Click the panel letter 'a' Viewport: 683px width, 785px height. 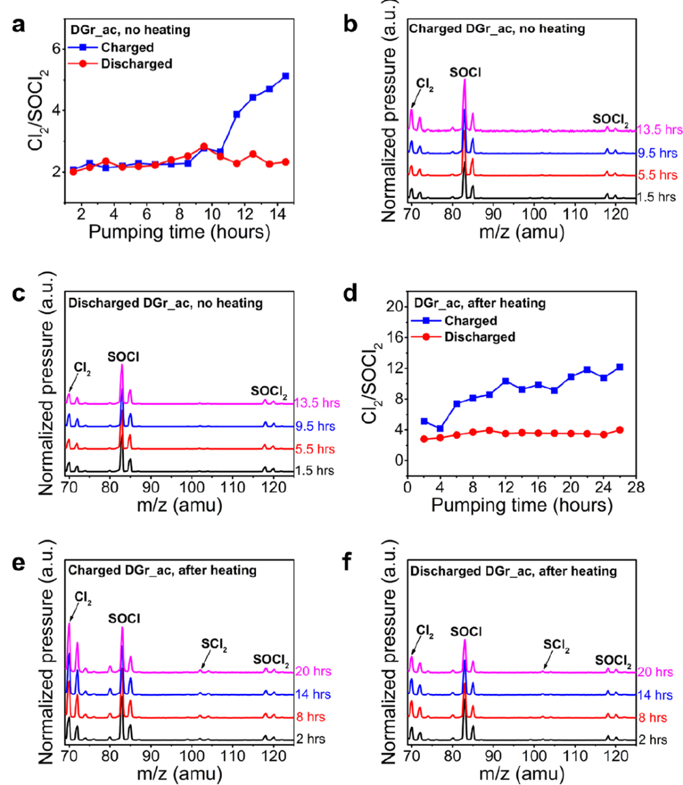18,26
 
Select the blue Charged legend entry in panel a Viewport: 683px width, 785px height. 111,47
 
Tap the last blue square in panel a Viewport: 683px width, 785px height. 285,76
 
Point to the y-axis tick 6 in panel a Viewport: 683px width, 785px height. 56,49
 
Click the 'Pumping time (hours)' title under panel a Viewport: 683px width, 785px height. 179,232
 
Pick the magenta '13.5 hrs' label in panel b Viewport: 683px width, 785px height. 660,130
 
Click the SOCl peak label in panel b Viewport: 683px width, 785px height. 465,73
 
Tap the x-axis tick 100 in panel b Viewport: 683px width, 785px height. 534,213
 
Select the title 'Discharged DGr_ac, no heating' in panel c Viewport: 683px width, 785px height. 166,303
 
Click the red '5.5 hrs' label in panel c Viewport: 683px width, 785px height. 315,449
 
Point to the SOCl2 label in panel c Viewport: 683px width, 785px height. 269,392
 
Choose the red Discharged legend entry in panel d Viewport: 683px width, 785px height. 463,337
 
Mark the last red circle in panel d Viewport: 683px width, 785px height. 620,430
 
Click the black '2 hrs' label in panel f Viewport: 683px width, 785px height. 653,739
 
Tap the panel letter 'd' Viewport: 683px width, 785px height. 350,294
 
